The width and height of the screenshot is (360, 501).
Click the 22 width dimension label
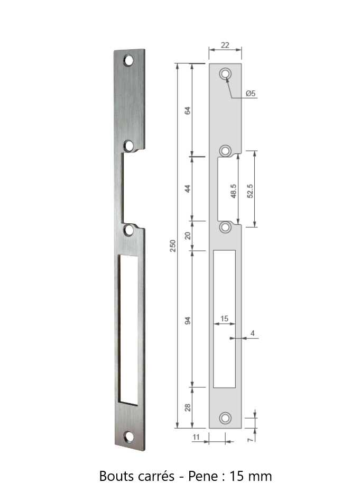pos(225,45)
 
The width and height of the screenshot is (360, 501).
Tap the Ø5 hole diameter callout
pos(251,93)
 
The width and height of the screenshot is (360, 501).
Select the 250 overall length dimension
pos(173,245)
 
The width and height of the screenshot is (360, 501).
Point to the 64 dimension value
pos(188,111)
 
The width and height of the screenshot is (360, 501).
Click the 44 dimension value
pos(188,188)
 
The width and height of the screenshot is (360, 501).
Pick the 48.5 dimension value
pos(234,191)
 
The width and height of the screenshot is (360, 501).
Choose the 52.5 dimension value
pos(250,191)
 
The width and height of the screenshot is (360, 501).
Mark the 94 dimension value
pos(188,321)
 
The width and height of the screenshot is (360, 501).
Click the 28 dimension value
pos(188,407)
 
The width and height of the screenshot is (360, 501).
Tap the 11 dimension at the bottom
pos(196,437)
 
